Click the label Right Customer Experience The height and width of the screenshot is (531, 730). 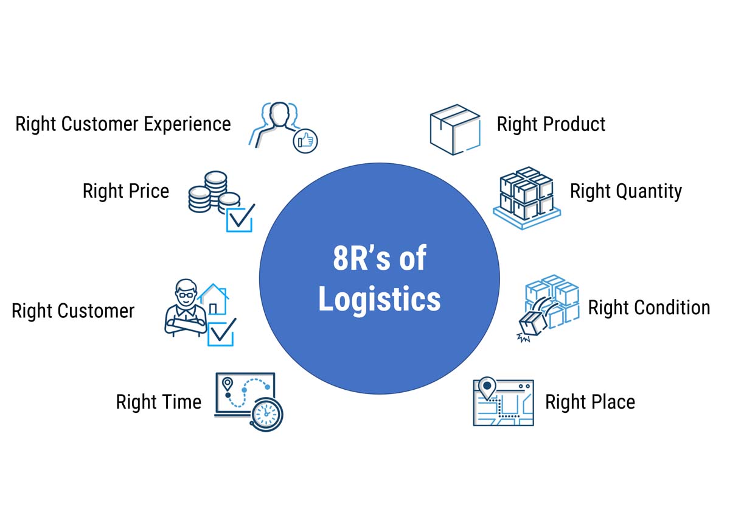[123, 124]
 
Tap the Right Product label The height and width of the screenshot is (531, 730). [551, 124]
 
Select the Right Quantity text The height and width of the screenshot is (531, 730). [625, 191]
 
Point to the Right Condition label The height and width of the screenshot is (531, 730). [648, 308]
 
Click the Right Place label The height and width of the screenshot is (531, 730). [589, 402]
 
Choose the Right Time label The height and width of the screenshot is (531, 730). [158, 402]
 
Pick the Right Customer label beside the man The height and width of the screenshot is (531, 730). [73, 311]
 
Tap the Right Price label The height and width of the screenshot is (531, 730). [125, 191]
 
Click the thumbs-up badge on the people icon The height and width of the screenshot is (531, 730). [305, 141]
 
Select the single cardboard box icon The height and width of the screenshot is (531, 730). [454, 128]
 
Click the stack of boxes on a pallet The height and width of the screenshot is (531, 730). [526, 196]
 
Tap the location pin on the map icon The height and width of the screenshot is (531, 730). [487, 387]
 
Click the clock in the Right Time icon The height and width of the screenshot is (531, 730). [266, 415]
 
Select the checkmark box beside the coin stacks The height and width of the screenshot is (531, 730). [240, 218]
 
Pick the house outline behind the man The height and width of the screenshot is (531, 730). [214, 298]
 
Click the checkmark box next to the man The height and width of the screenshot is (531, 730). [221, 332]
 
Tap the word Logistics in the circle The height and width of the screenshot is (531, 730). [379, 300]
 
